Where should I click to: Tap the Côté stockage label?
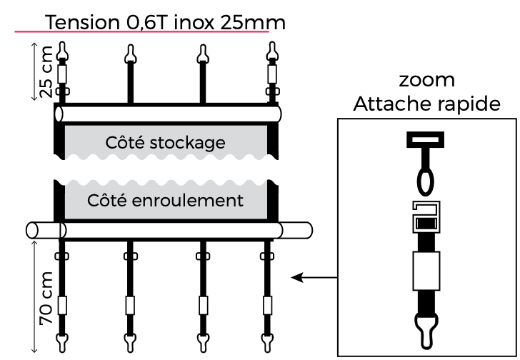click(165, 142)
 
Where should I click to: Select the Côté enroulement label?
click(165, 200)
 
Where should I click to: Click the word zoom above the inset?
click(427, 79)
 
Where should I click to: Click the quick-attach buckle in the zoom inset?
click(426, 217)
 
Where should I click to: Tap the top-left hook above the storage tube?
click(63, 51)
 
